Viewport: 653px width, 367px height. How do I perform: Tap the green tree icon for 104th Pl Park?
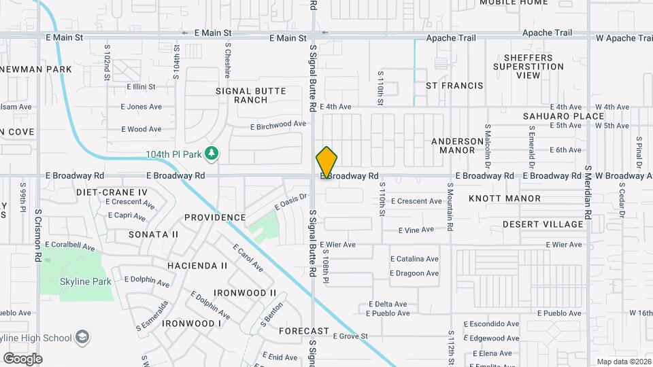pos(212,154)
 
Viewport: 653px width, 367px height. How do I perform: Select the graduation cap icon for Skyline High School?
pos(82,337)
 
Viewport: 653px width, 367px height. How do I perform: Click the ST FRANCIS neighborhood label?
pos(454,86)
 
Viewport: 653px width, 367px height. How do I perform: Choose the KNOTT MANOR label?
pos(505,198)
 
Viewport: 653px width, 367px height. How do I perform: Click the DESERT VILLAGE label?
pos(543,224)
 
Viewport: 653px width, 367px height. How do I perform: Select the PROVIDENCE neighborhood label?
pos(215,217)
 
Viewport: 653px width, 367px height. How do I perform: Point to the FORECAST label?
pos(304,331)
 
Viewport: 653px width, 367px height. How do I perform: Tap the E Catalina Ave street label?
pos(414,259)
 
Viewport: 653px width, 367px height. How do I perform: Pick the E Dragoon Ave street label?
pos(414,273)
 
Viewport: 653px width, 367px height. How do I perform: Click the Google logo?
pos(22,358)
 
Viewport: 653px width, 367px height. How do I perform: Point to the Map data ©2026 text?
pos(623,362)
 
